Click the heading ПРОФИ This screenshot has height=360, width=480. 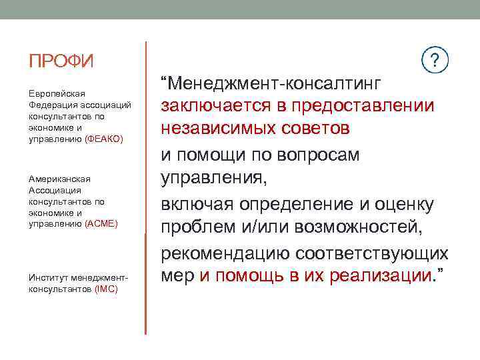point(61,62)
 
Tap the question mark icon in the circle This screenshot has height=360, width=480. point(436,61)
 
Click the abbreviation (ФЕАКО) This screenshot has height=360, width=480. point(105,138)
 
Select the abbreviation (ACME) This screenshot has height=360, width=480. point(101,224)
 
